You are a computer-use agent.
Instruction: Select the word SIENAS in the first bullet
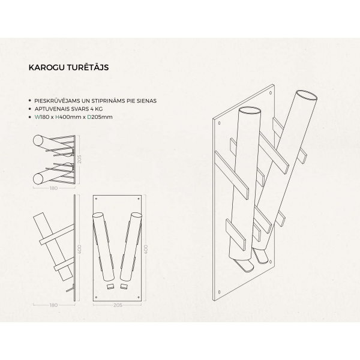click(146, 101)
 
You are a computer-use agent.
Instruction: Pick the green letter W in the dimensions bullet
click(37, 117)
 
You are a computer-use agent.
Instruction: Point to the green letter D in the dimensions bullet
click(89, 117)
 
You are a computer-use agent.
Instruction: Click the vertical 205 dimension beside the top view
click(79, 159)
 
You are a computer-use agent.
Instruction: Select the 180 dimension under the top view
click(53, 188)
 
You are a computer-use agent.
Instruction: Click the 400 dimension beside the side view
click(79, 250)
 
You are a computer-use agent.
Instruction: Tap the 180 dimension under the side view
click(53, 305)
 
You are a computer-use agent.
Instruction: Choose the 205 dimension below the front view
click(118, 305)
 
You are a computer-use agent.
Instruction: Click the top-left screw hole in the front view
click(96, 199)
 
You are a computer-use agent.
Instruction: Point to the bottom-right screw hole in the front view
click(139, 298)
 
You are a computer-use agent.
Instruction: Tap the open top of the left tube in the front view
click(98, 215)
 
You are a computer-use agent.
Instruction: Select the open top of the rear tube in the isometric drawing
click(307, 95)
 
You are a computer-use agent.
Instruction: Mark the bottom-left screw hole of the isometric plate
click(219, 292)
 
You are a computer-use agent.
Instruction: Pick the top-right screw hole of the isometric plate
click(271, 93)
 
